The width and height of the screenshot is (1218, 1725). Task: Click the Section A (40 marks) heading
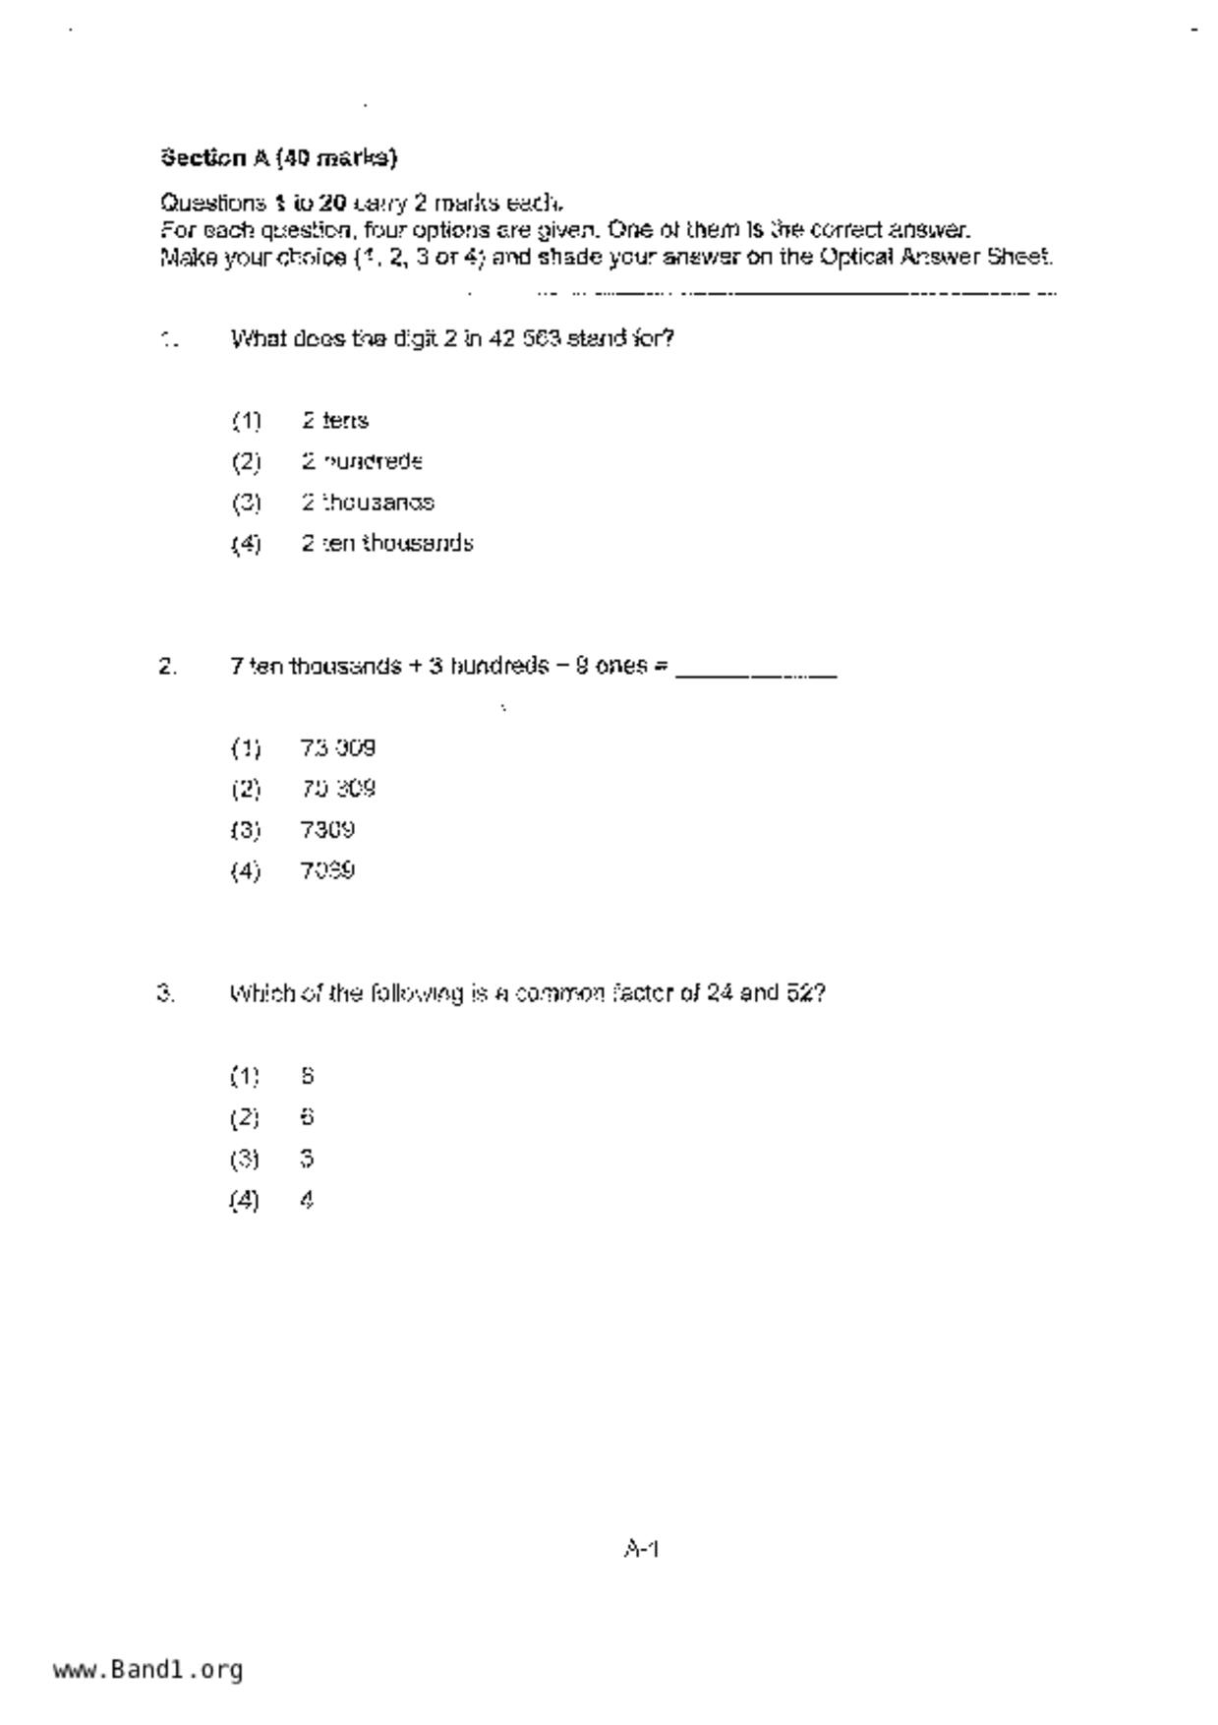coord(278,157)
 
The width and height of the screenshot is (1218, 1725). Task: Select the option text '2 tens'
coord(335,421)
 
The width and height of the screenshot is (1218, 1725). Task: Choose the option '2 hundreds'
coord(362,462)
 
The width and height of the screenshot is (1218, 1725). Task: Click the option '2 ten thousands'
coord(387,544)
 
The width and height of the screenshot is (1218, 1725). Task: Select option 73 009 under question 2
coord(338,748)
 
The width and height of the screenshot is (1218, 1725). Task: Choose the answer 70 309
coord(338,790)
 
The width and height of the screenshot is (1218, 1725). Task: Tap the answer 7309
coord(327,830)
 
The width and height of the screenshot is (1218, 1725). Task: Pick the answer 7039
coord(327,871)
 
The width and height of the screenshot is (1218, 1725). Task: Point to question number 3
coord(166,993)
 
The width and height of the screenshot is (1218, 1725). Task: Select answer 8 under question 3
coord(308,1077)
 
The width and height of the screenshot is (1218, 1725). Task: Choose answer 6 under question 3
coord(308,1118)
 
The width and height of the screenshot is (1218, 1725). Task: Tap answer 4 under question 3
coord(308,1200)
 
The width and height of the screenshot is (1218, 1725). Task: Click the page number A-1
coord(641,1550)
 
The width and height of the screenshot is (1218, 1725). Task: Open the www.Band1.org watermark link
coord(147,1670)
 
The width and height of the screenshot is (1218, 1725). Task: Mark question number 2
coord(167,667)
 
